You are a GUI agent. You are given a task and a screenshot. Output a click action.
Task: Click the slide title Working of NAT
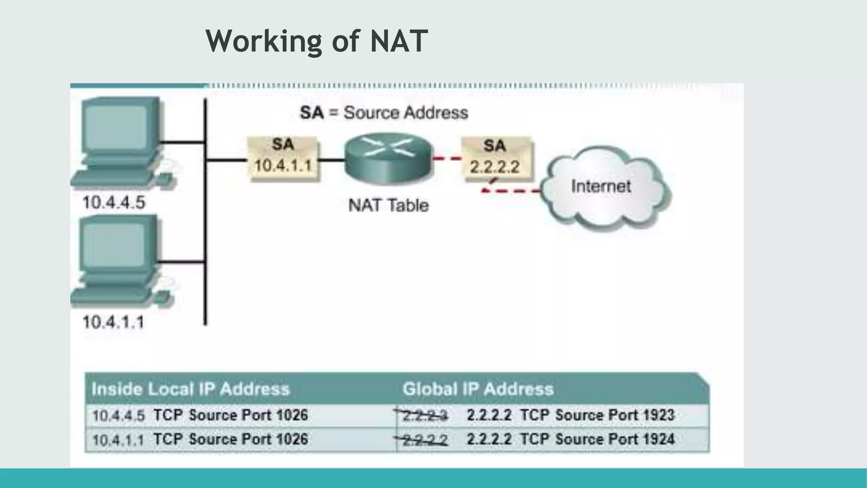point(317,41)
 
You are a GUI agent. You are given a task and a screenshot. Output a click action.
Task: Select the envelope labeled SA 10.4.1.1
point(283,158)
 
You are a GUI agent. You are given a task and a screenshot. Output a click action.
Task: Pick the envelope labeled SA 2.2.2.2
point(495,159)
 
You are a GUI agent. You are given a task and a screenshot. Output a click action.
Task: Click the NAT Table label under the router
point(388,205)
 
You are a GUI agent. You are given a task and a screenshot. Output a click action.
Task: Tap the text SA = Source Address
point(384,113)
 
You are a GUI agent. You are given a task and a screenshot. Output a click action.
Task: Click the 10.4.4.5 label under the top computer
point(113,202)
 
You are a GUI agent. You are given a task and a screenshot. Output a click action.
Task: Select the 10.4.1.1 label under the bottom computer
point(113,322)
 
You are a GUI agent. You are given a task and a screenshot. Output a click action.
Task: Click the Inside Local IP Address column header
point(191,389)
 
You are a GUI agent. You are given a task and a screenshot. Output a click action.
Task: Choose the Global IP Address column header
point(478,389)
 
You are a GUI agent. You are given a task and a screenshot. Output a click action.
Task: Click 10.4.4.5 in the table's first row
point(119,416)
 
